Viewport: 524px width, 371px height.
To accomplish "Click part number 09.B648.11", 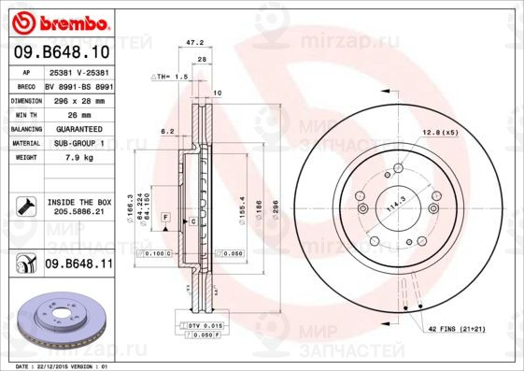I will tap(79, 264).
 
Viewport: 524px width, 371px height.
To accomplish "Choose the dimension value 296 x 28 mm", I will tap(78, 100).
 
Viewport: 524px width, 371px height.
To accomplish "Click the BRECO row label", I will tap(27, 85).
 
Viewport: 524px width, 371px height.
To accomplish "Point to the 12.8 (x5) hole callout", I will tap(440, 132).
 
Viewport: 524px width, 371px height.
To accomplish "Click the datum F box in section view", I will tap(164, 217).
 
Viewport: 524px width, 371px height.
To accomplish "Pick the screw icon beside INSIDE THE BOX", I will tap(24, 206).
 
